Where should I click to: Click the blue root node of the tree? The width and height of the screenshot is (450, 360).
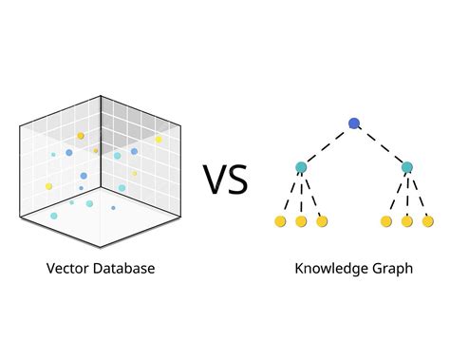354,123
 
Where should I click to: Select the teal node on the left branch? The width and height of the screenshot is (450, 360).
301,167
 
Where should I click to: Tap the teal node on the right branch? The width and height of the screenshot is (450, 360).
407,167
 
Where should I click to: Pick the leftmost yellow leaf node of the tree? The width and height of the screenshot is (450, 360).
280,221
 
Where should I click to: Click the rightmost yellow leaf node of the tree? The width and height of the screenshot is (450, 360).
428,221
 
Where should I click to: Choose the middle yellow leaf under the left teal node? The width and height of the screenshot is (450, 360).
301,221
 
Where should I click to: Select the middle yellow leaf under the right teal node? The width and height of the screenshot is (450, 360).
407,221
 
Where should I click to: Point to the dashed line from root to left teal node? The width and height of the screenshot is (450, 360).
328,144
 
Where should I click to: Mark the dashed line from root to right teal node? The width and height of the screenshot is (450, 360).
381,144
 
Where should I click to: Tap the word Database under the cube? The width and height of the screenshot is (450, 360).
123,269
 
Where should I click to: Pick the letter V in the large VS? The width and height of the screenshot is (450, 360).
216,179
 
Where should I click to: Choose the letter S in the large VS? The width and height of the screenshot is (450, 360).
238,179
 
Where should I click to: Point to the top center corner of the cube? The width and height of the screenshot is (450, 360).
101,99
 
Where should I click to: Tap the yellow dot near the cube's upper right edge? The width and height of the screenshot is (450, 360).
159,140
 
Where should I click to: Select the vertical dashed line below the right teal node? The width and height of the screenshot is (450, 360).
407,195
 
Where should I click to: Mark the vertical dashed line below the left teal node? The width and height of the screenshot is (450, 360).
301,195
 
